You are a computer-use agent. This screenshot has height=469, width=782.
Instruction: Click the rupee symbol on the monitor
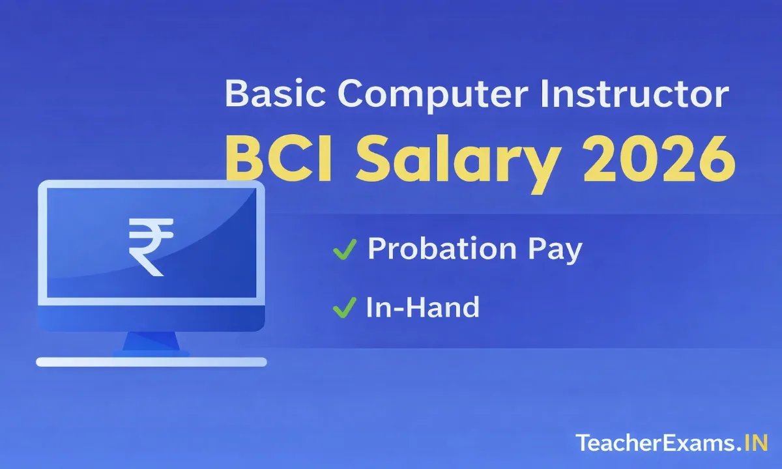click(151, 247)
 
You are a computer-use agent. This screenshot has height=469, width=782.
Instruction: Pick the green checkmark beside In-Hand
click(343, 307)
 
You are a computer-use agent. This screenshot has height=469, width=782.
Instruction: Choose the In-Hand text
click(422, 307)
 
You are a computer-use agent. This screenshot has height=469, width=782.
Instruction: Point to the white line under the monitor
click(151, 362)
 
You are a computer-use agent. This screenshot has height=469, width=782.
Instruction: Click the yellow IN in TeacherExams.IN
click(756, 443)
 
